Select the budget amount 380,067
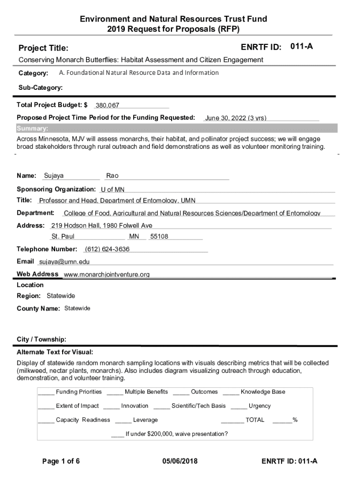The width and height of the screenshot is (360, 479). tap(108, 105)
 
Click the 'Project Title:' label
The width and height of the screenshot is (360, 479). tap(43, 48)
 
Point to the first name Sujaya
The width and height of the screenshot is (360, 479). tap(54, 176)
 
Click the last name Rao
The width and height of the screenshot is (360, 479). tap(112, 176)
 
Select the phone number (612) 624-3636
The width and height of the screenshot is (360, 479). tap(107, 249)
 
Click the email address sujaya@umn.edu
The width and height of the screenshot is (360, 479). tap(64, 261)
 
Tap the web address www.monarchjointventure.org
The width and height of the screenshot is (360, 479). tap(107, 275)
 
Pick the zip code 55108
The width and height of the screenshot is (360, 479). tap(159, 237)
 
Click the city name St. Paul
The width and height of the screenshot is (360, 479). tap(63, 237)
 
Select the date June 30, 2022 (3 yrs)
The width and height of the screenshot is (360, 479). tap(236, 118)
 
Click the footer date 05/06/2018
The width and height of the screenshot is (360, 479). tap(180, 461)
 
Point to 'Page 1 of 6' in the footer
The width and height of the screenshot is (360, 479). tap(61, 461)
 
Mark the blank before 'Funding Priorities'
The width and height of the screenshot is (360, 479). tap(46, 392)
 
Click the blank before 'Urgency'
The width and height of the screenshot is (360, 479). tap(238, 406)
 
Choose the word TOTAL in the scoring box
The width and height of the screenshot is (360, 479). tap(255, 420)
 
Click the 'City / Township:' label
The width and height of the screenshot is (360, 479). tap(41, 339)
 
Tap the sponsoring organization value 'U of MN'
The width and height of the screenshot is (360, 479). tap(113, 189)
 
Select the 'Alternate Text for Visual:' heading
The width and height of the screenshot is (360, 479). tap(55, 352)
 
